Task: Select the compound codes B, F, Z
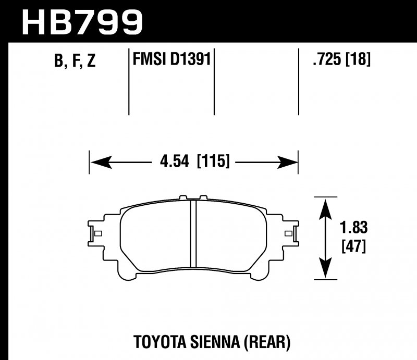[75, 61]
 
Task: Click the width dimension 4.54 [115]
[193, 162]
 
